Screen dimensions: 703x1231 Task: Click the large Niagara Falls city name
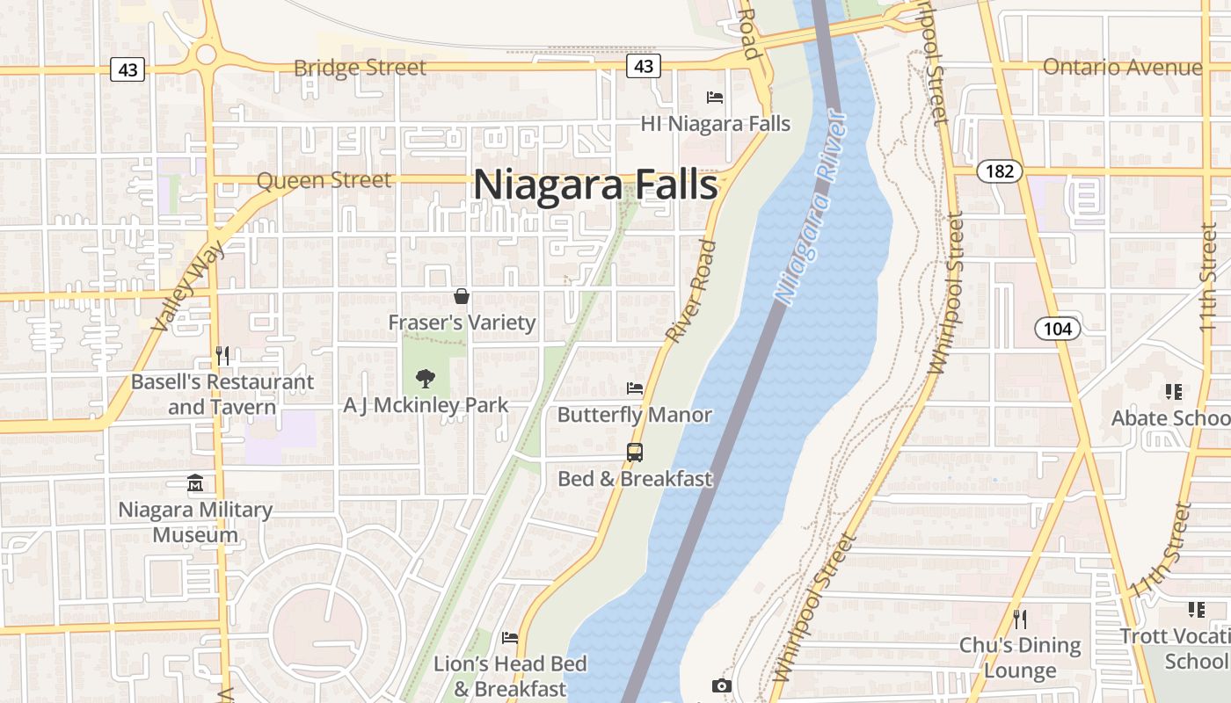pyautogui.click(x=595, y=185)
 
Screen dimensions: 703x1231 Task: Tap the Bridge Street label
pyautogui.click(x=360, y=68)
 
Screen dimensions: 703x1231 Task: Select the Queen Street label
pyautogui.click(x=324, y=180)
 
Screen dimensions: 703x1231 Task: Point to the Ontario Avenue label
pyautogui.click(x=1122, y=68)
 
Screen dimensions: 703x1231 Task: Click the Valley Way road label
pyautogui.click(x=188, y=286)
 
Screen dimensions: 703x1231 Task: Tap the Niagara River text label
pyautogui.click(x=812, y=209)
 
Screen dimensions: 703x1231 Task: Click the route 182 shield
pyautogui.click(x=1000, y=171)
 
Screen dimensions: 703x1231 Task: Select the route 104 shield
pyautogui.click(x=1058, y=329)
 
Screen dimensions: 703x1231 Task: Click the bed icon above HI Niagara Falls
pyautogui.click(x=715, y=98)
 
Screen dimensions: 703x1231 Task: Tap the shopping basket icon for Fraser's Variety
pyautogui.click(x=462, y=297)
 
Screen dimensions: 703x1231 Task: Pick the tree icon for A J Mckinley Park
pyautogui.click(x=426, y=379)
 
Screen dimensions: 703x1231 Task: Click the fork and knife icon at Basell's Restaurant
pyautogui.click(x=222, y=356)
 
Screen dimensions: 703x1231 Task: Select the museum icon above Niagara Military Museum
pyautogui.click(x=195, y=483)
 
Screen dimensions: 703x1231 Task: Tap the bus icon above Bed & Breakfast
pyautogui.click(x=635, y=453)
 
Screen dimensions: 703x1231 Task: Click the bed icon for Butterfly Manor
pyautogui.click(x=635, y=388)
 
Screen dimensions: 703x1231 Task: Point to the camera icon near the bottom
pyautogui.click(x=722, y=685)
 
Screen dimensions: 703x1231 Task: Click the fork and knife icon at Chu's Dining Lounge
pyautogui.click(x=1020, y=619)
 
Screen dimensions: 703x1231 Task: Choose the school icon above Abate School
pyautogui.click(x=1173, y=391)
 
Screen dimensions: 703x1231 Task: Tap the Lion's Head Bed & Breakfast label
pyautogui.click(x=510, y=676)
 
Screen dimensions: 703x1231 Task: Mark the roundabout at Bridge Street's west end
pyautogui.click(x=207, y=54)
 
